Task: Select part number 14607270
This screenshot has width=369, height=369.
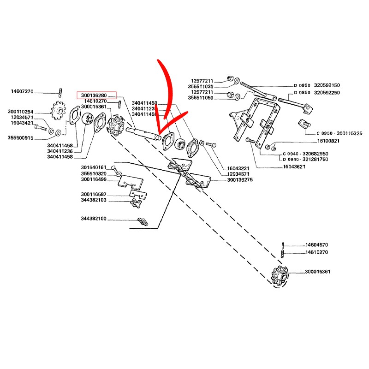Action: pos(23,91)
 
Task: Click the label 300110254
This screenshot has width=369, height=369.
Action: pos(21,112)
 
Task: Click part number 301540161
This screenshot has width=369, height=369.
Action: pos(94,167)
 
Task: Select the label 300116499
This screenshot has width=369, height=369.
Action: pos(94,179)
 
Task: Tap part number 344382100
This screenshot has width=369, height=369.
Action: pos(94,218)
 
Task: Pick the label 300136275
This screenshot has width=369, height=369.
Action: pos(239,179)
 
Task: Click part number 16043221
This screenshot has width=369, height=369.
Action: pos(238,168)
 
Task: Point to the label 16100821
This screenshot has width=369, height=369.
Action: pos(328,141)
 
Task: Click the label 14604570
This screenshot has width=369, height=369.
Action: pos(316,245)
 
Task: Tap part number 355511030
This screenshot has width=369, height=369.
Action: pos(201,86)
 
